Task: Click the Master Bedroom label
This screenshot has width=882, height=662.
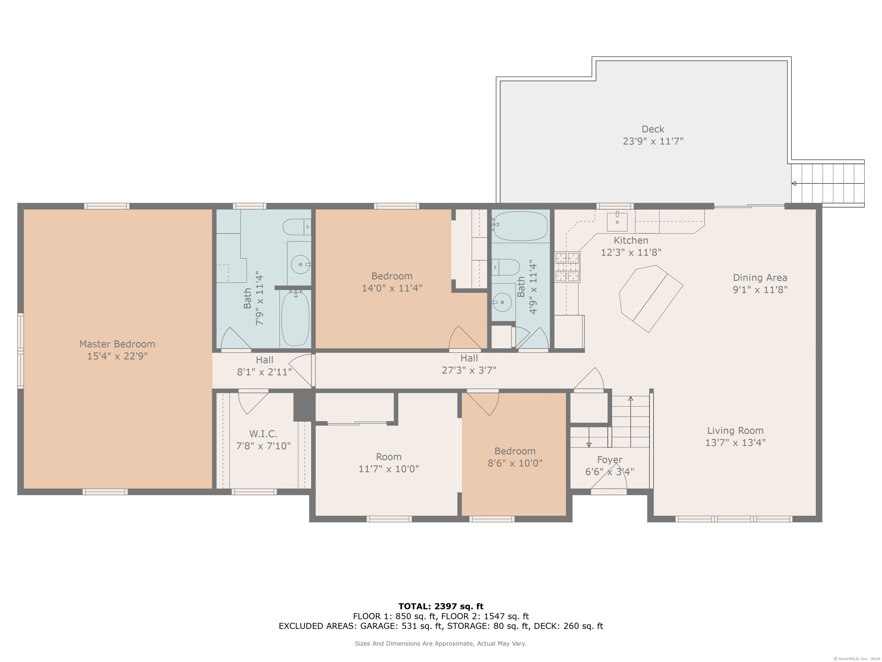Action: (117, 344)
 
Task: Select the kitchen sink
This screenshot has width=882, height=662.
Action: (617, 222)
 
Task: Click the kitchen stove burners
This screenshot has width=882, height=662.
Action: (567, 267)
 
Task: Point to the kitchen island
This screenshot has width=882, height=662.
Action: (651, 299)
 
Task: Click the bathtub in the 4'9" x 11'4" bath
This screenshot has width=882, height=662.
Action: (520, 226)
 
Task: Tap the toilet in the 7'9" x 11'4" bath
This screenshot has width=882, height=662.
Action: (297, 227)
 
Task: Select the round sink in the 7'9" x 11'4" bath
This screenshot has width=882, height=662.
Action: (301, 264)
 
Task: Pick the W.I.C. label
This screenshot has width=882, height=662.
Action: (263, 434)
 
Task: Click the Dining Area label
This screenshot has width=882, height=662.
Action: (760, 278)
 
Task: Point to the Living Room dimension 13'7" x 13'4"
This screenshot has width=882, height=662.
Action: (735, 442)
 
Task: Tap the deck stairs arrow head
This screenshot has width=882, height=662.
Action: (794, 184)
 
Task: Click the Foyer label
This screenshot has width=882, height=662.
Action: (610, 460)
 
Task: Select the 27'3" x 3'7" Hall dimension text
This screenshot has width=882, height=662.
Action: (469, 370)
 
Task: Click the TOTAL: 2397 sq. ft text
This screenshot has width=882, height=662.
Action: (441, 607)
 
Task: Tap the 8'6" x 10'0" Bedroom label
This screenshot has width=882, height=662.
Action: (515, 457)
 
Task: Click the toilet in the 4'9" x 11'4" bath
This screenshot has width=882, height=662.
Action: (506, 267)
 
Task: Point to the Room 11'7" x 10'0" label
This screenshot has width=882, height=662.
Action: (389, 463)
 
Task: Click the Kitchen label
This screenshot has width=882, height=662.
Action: (631, 240)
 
